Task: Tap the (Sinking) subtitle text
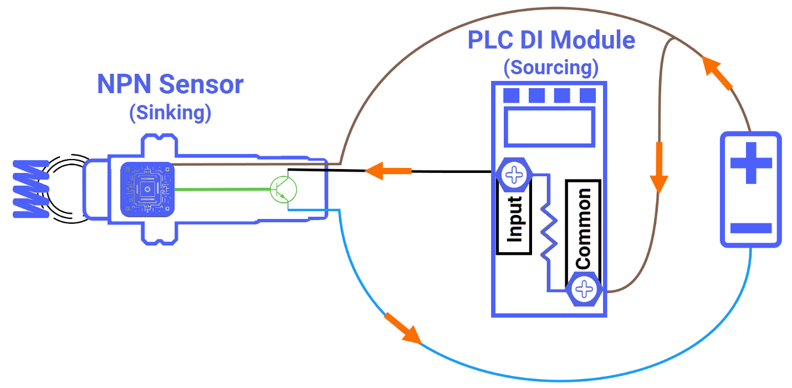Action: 170,113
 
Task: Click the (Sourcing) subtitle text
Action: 551,67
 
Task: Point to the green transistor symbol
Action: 283,190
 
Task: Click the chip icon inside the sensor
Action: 147,190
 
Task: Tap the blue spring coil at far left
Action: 30,188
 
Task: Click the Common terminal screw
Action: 584,289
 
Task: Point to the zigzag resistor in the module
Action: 548,233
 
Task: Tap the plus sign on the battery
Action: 751,163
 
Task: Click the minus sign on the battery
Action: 751,228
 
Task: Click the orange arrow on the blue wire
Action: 403,328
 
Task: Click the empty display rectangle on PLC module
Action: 549,126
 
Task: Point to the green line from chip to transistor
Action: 222,189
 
